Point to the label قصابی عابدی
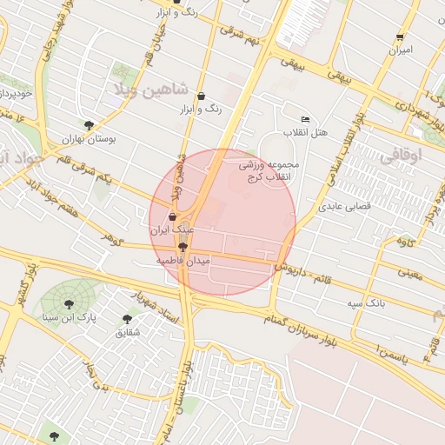click(345, 207)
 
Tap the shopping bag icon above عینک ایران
click(172, 216)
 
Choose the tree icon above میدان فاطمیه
click(181, 247)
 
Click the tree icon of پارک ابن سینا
click(69, 303)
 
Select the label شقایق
click(126, 332)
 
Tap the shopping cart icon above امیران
click(400, 37)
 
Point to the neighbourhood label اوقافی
click(401, 156)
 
